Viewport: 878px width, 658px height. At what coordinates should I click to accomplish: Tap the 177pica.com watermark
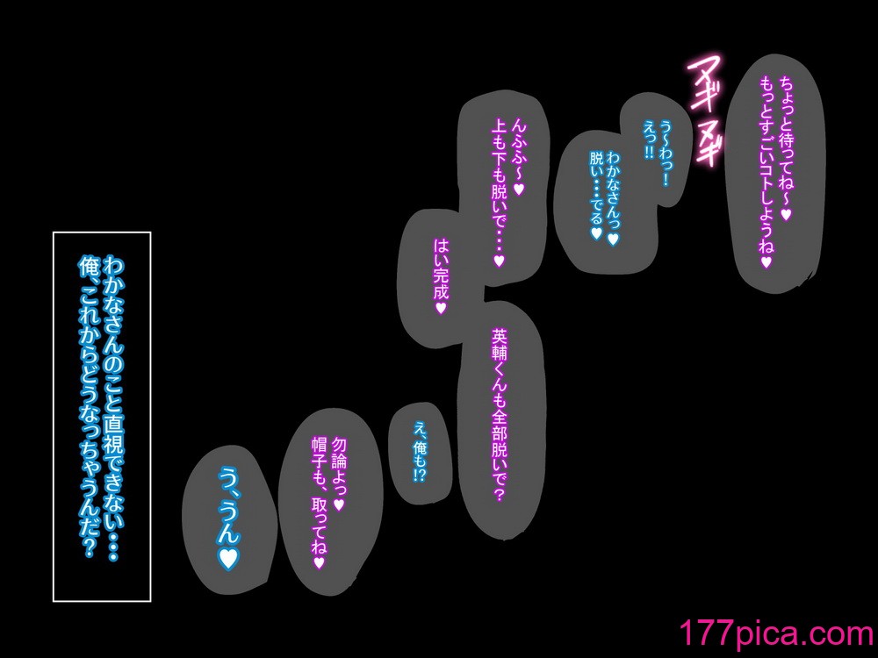point(777,633)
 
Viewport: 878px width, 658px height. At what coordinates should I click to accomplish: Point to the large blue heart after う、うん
point(228,557)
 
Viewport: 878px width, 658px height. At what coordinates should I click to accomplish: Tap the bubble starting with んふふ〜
point(502,190)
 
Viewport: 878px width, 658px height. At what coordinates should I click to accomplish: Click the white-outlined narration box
point(102,417)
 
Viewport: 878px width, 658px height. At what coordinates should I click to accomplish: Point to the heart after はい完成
point(441,308)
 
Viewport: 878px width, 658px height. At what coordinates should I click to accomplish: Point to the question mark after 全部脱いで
point(500,494)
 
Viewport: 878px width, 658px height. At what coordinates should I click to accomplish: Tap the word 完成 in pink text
point(441,283)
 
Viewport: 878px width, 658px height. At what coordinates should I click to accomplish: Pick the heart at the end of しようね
point(766,261)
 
